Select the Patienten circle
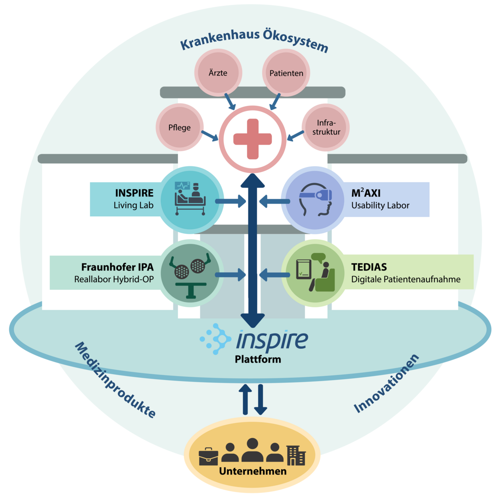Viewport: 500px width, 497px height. pos(286,73)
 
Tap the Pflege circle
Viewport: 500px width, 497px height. pos(180,127)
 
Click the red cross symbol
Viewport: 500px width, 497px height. pos(252,139)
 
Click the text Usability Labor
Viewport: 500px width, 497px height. pos(380,206)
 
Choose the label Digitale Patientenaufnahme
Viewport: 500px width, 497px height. pos(406,279)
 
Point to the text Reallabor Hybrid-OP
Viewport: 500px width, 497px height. pos(114,279)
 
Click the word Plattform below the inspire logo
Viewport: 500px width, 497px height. pos(257,358)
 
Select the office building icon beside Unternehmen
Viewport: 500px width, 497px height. pos(296,455)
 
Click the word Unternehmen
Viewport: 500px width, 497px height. pos(253,471)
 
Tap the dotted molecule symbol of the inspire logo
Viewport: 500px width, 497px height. pos(215,339)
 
